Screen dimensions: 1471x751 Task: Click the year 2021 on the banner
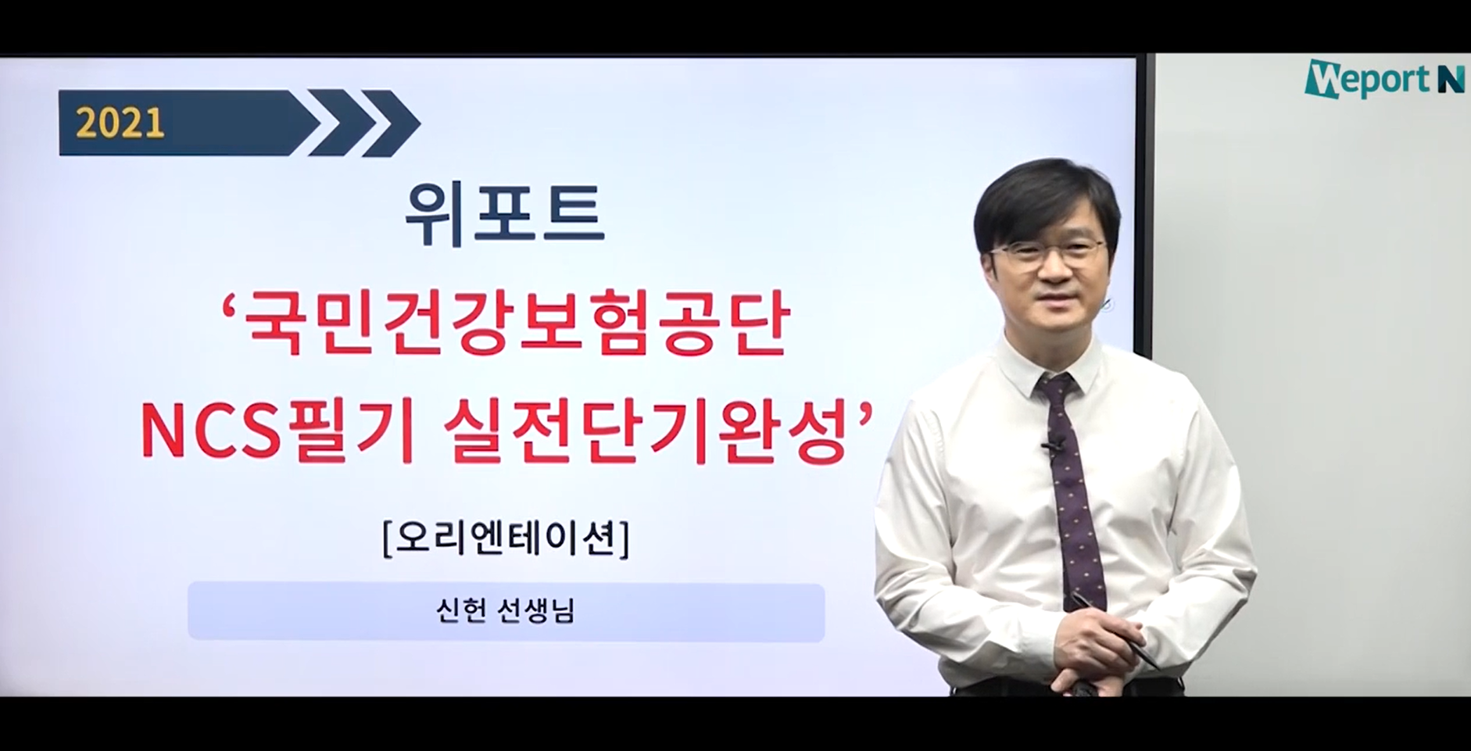coord(120,123)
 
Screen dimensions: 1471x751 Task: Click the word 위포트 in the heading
coord(505,213)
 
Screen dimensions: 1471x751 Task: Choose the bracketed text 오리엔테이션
coord(506,538)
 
